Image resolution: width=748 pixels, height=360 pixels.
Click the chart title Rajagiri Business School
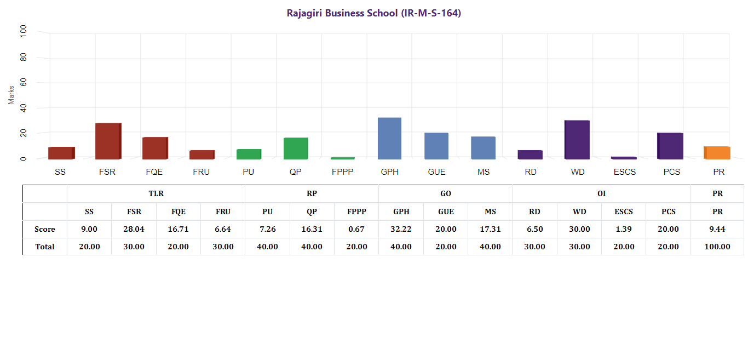click(x=374, y=13)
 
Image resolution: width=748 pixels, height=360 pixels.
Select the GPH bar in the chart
click(x=389, y=138)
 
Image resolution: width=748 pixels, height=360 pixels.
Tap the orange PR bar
click(x=717, y=153)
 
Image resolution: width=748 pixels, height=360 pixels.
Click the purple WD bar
click(x=577, y=140)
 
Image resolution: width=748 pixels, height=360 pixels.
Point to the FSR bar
click(x=108, y=141)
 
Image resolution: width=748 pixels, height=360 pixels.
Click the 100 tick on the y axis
click(x=23, y=32)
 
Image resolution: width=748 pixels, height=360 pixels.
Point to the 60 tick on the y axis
click(x=23, y=83)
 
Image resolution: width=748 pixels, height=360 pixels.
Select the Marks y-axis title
click(x=11, y=95)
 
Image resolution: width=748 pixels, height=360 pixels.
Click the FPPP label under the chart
click(x=343, y=172)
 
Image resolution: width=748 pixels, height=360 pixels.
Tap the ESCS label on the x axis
click(x=625, y=172)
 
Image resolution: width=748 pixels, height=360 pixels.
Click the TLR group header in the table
click(x=156, y=193)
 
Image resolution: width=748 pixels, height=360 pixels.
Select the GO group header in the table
click(x=446, y=193)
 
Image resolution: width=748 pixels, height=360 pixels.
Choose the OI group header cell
click(x=601, y=193)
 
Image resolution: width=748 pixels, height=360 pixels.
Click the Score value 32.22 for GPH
click(x=401, y=229)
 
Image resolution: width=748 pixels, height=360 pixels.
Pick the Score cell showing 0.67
click(x=356, y=229)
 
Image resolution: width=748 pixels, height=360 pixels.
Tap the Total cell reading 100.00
click(x=717, y=247)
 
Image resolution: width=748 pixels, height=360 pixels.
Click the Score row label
click(x=45, y=229)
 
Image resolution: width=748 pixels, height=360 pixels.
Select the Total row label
click(x=45, y=247)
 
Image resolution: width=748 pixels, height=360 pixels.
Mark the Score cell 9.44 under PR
click(x=717, y=229)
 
